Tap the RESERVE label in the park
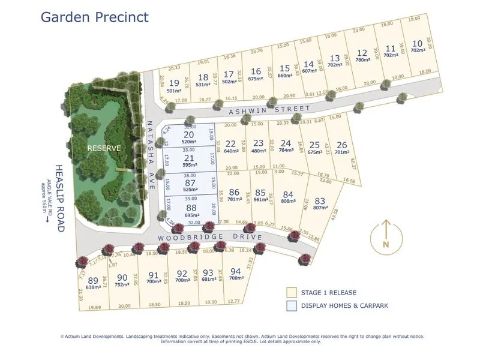point(104,148)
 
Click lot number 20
point(189,134)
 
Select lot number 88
point(190,208)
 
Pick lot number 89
point(92,281)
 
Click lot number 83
point(320,201)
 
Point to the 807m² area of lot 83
point(320,209)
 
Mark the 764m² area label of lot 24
point(286,151)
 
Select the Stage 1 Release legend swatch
point(291,293)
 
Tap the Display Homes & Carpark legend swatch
point(291,305)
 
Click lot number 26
point(341,145)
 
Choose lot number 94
point(236,271)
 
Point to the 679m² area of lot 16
point(256,78)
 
